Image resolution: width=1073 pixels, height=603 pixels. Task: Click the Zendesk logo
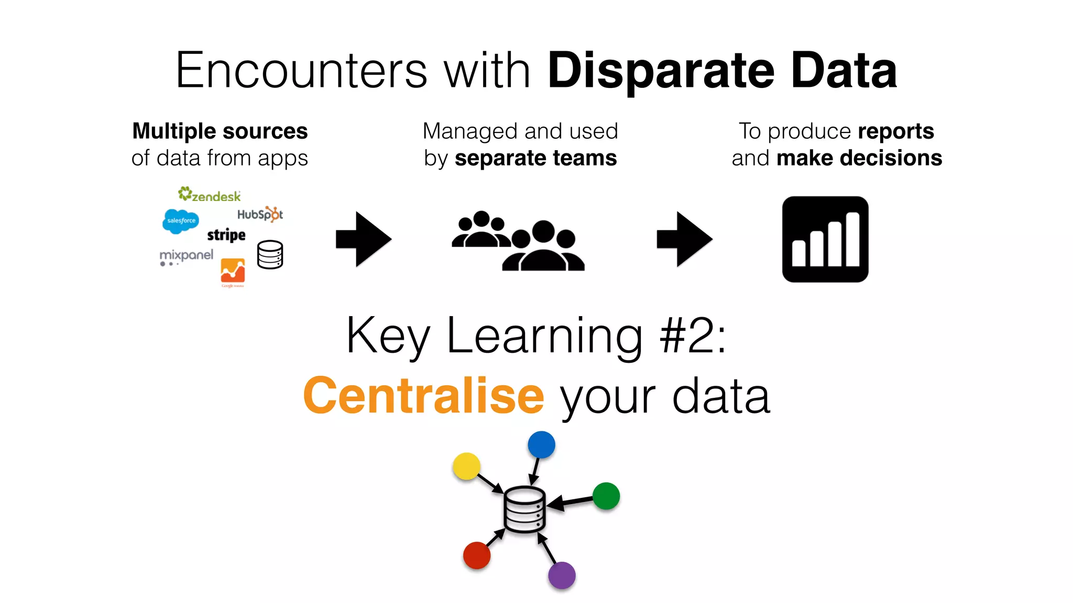[210, 195]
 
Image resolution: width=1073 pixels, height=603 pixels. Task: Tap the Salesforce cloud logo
[181, 221]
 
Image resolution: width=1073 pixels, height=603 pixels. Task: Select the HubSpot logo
[260, 214]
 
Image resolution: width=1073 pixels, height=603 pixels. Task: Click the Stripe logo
[226, 235]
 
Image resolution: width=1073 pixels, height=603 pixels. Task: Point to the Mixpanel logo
[187, 256]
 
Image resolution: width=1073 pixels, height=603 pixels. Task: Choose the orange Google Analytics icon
[233, 271]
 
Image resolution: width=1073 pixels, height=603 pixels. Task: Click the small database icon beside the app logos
[270, 255]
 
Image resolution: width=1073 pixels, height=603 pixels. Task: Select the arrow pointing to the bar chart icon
[684, 239]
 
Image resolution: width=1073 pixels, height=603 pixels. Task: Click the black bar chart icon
[825, 239]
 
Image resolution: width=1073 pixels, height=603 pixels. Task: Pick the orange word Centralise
[424, 396]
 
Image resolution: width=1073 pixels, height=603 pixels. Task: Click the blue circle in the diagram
[541, 445]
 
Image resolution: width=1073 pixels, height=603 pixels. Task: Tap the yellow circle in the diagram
[466, 466]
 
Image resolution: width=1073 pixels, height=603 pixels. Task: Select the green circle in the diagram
[606, 496]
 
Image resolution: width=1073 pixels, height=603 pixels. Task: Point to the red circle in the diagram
[477, 555]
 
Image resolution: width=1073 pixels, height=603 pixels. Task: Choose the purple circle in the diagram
[562, 575]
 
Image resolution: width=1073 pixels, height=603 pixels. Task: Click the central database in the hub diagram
[524, 510]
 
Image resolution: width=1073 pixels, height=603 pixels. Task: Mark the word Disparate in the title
[661, 71]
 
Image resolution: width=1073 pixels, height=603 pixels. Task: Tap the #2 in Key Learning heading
[686, 336]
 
